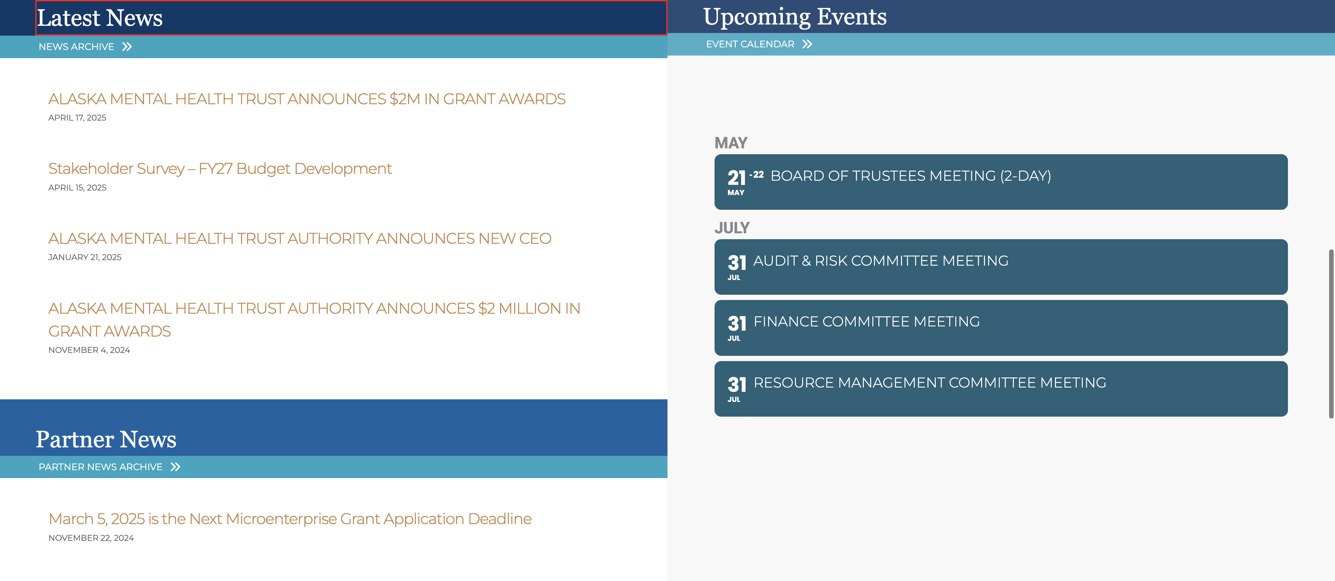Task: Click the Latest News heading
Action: click(100, 18)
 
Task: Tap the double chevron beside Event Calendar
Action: click(807, 44)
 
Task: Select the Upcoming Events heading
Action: click(795, 17)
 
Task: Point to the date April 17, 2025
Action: click(77, 118)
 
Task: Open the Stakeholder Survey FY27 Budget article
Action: click(220, 168)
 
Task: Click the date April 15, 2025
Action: click(77, 188)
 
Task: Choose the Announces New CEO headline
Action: click(300, 239)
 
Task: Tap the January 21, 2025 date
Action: click(85, 257)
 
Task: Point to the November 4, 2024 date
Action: click(89, 350)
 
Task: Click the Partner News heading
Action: click(106, 440)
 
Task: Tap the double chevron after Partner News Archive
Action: click(176, 467)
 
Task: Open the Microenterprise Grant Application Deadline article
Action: click(290, 519)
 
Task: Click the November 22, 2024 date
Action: click(91, 538)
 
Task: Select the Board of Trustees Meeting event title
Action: click(911, 176)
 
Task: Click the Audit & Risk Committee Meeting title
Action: click(881, 261)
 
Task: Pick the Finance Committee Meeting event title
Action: click(866, 321)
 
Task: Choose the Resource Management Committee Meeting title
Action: click(930, 383)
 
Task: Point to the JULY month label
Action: click(732, 228)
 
